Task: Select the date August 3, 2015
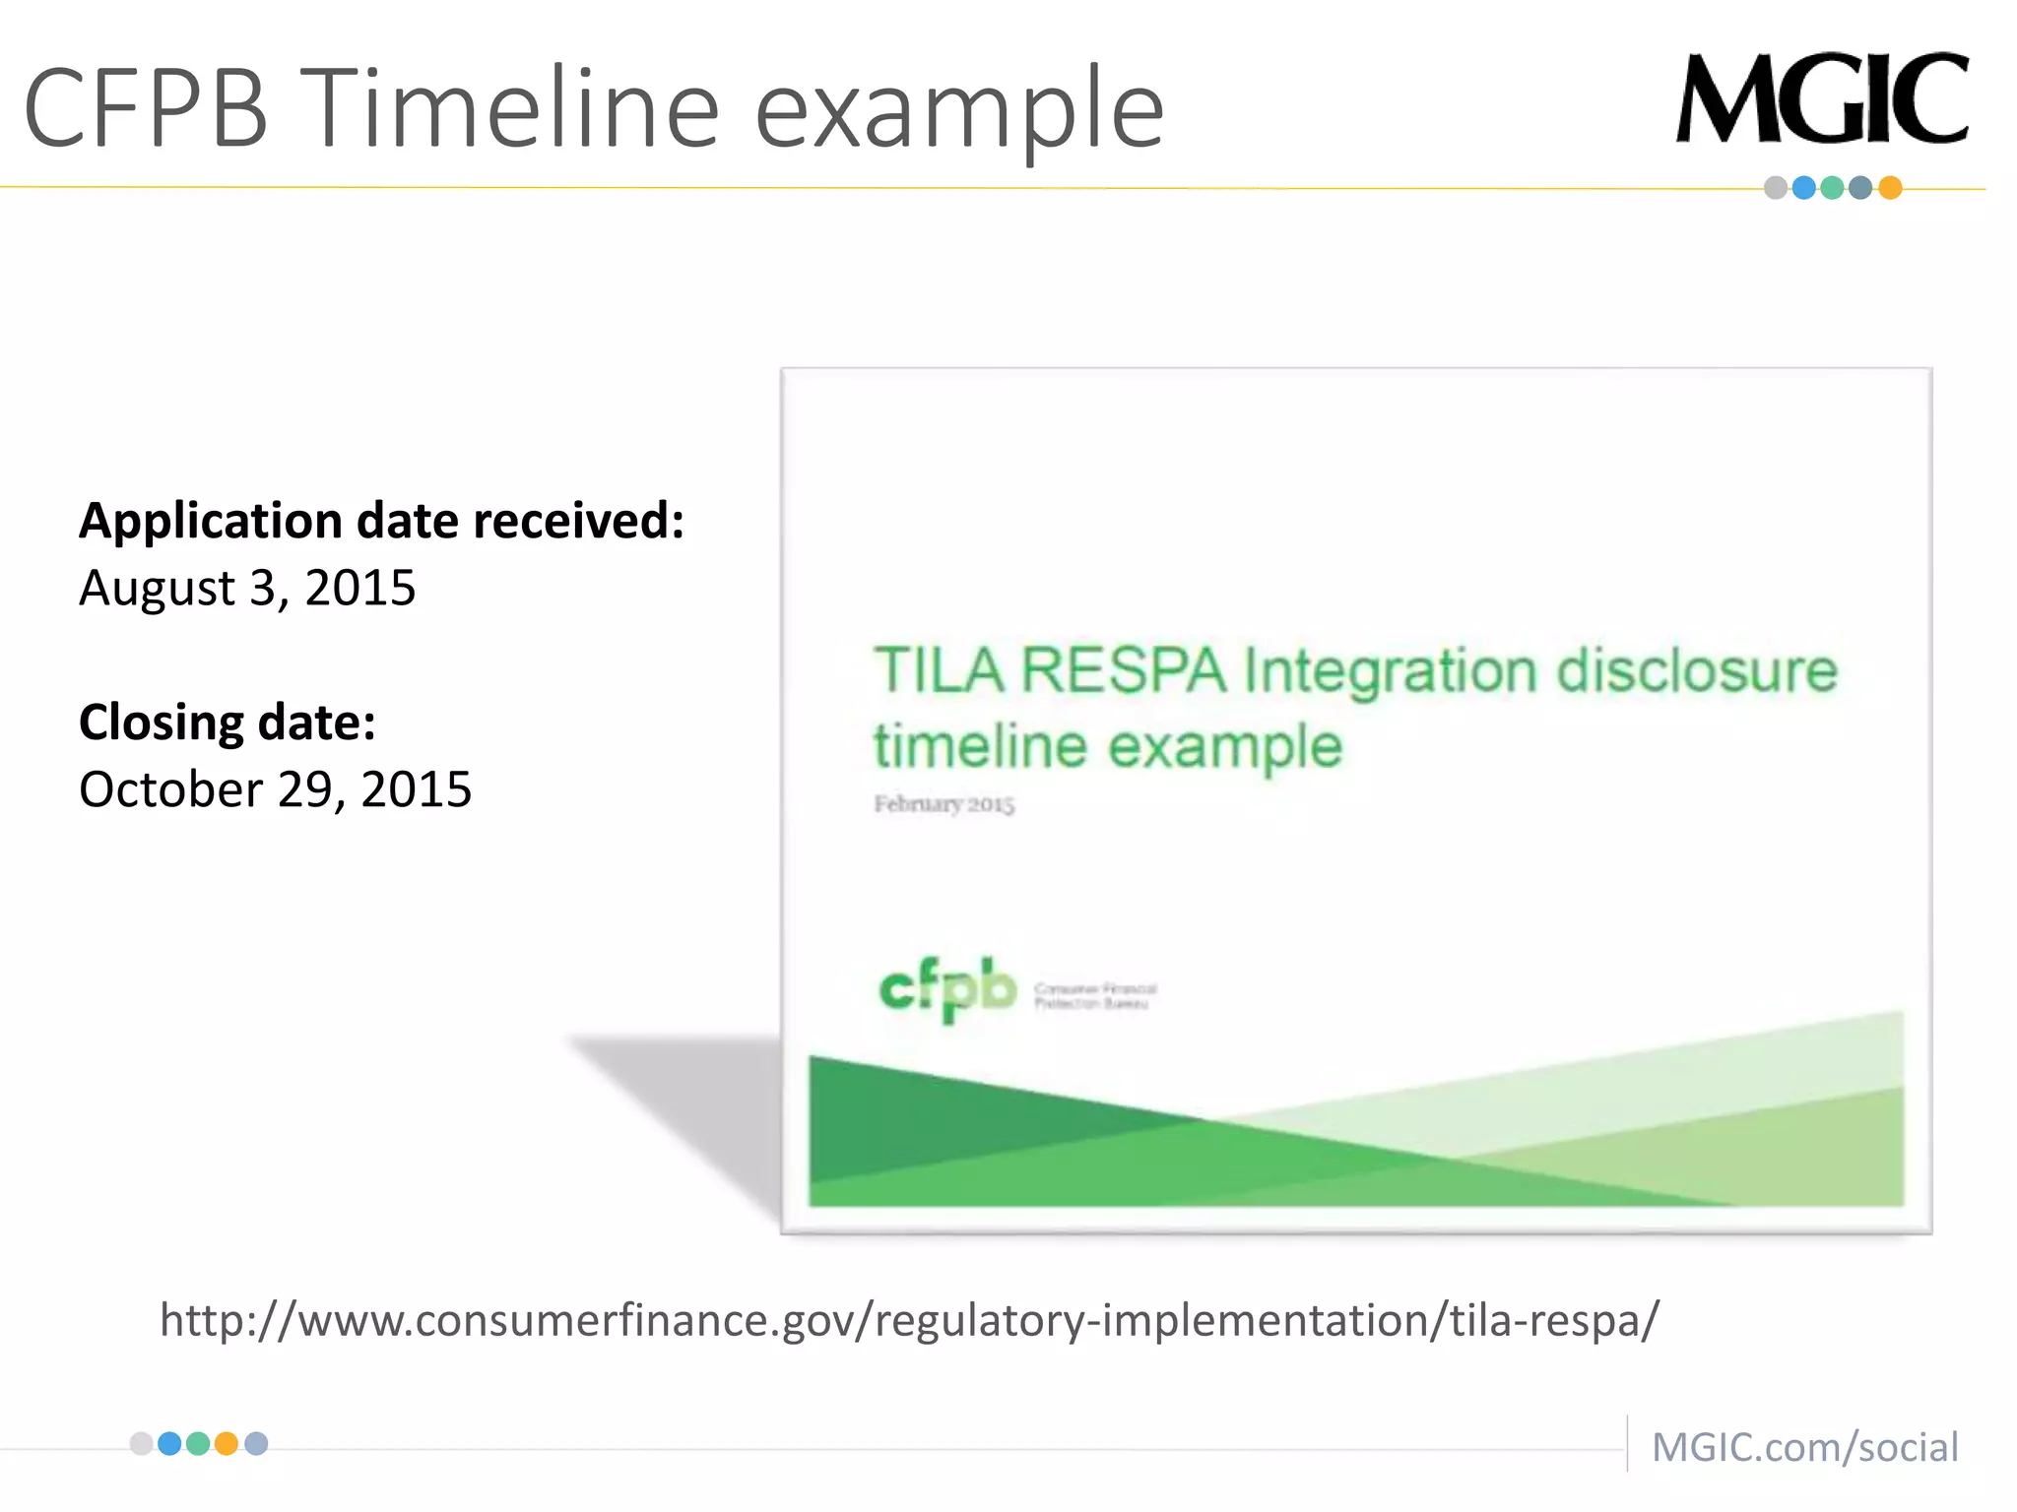(247, 588)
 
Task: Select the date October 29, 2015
(275, 789)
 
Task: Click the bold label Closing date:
(228, 722)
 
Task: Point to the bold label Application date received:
(381, 520)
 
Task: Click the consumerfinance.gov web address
(909, 1319)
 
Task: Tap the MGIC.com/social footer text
(1804, 1447)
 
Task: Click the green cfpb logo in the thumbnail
(947, 988)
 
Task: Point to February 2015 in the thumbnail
(943, 804)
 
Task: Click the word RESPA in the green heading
(1123, 671)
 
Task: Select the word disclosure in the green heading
(1696, 671)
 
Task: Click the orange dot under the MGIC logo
(1889, 188)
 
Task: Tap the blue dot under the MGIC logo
(1803, 188)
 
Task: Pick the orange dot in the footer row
(227, 1444)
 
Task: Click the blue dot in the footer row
(169, 1444)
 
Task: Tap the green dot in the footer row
(198, 1444)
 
